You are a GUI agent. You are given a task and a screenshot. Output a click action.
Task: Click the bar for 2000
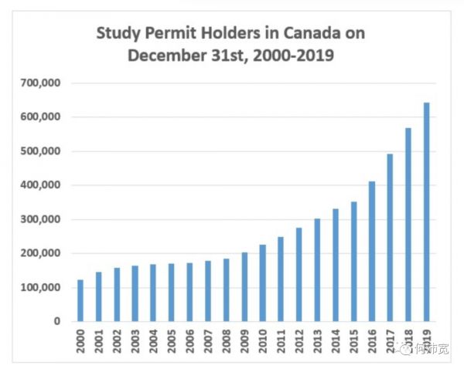point(80,300)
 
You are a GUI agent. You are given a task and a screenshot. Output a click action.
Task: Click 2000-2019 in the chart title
point(296,56)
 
